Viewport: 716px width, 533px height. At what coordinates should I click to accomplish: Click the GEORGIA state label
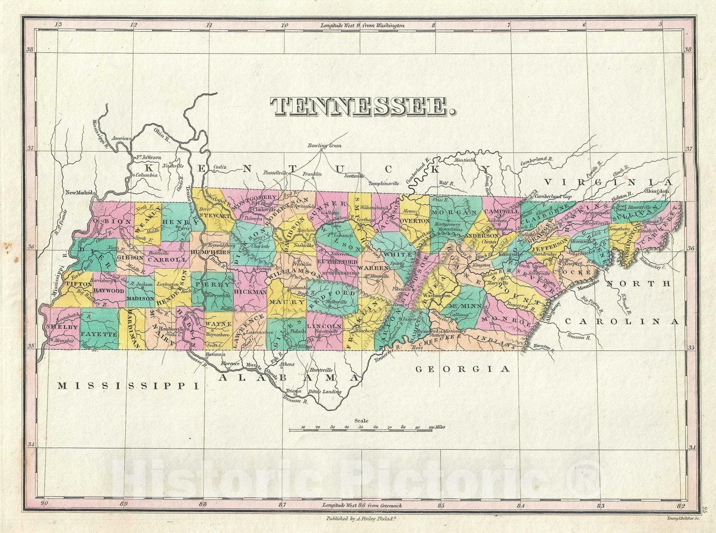pos(463,369)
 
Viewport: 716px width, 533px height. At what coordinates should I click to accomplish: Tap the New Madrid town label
pos(79,193)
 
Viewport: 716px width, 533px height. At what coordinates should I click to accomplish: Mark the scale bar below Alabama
pos(361,430)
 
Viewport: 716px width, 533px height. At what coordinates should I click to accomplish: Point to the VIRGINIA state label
pos(609,182)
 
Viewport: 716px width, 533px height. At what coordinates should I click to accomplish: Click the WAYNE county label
pos(219,324)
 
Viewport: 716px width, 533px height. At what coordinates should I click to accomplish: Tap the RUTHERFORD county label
pos(337,261)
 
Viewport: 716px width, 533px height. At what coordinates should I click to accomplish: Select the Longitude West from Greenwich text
pos(362,505)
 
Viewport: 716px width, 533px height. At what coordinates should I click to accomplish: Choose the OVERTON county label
pos(415,221)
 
